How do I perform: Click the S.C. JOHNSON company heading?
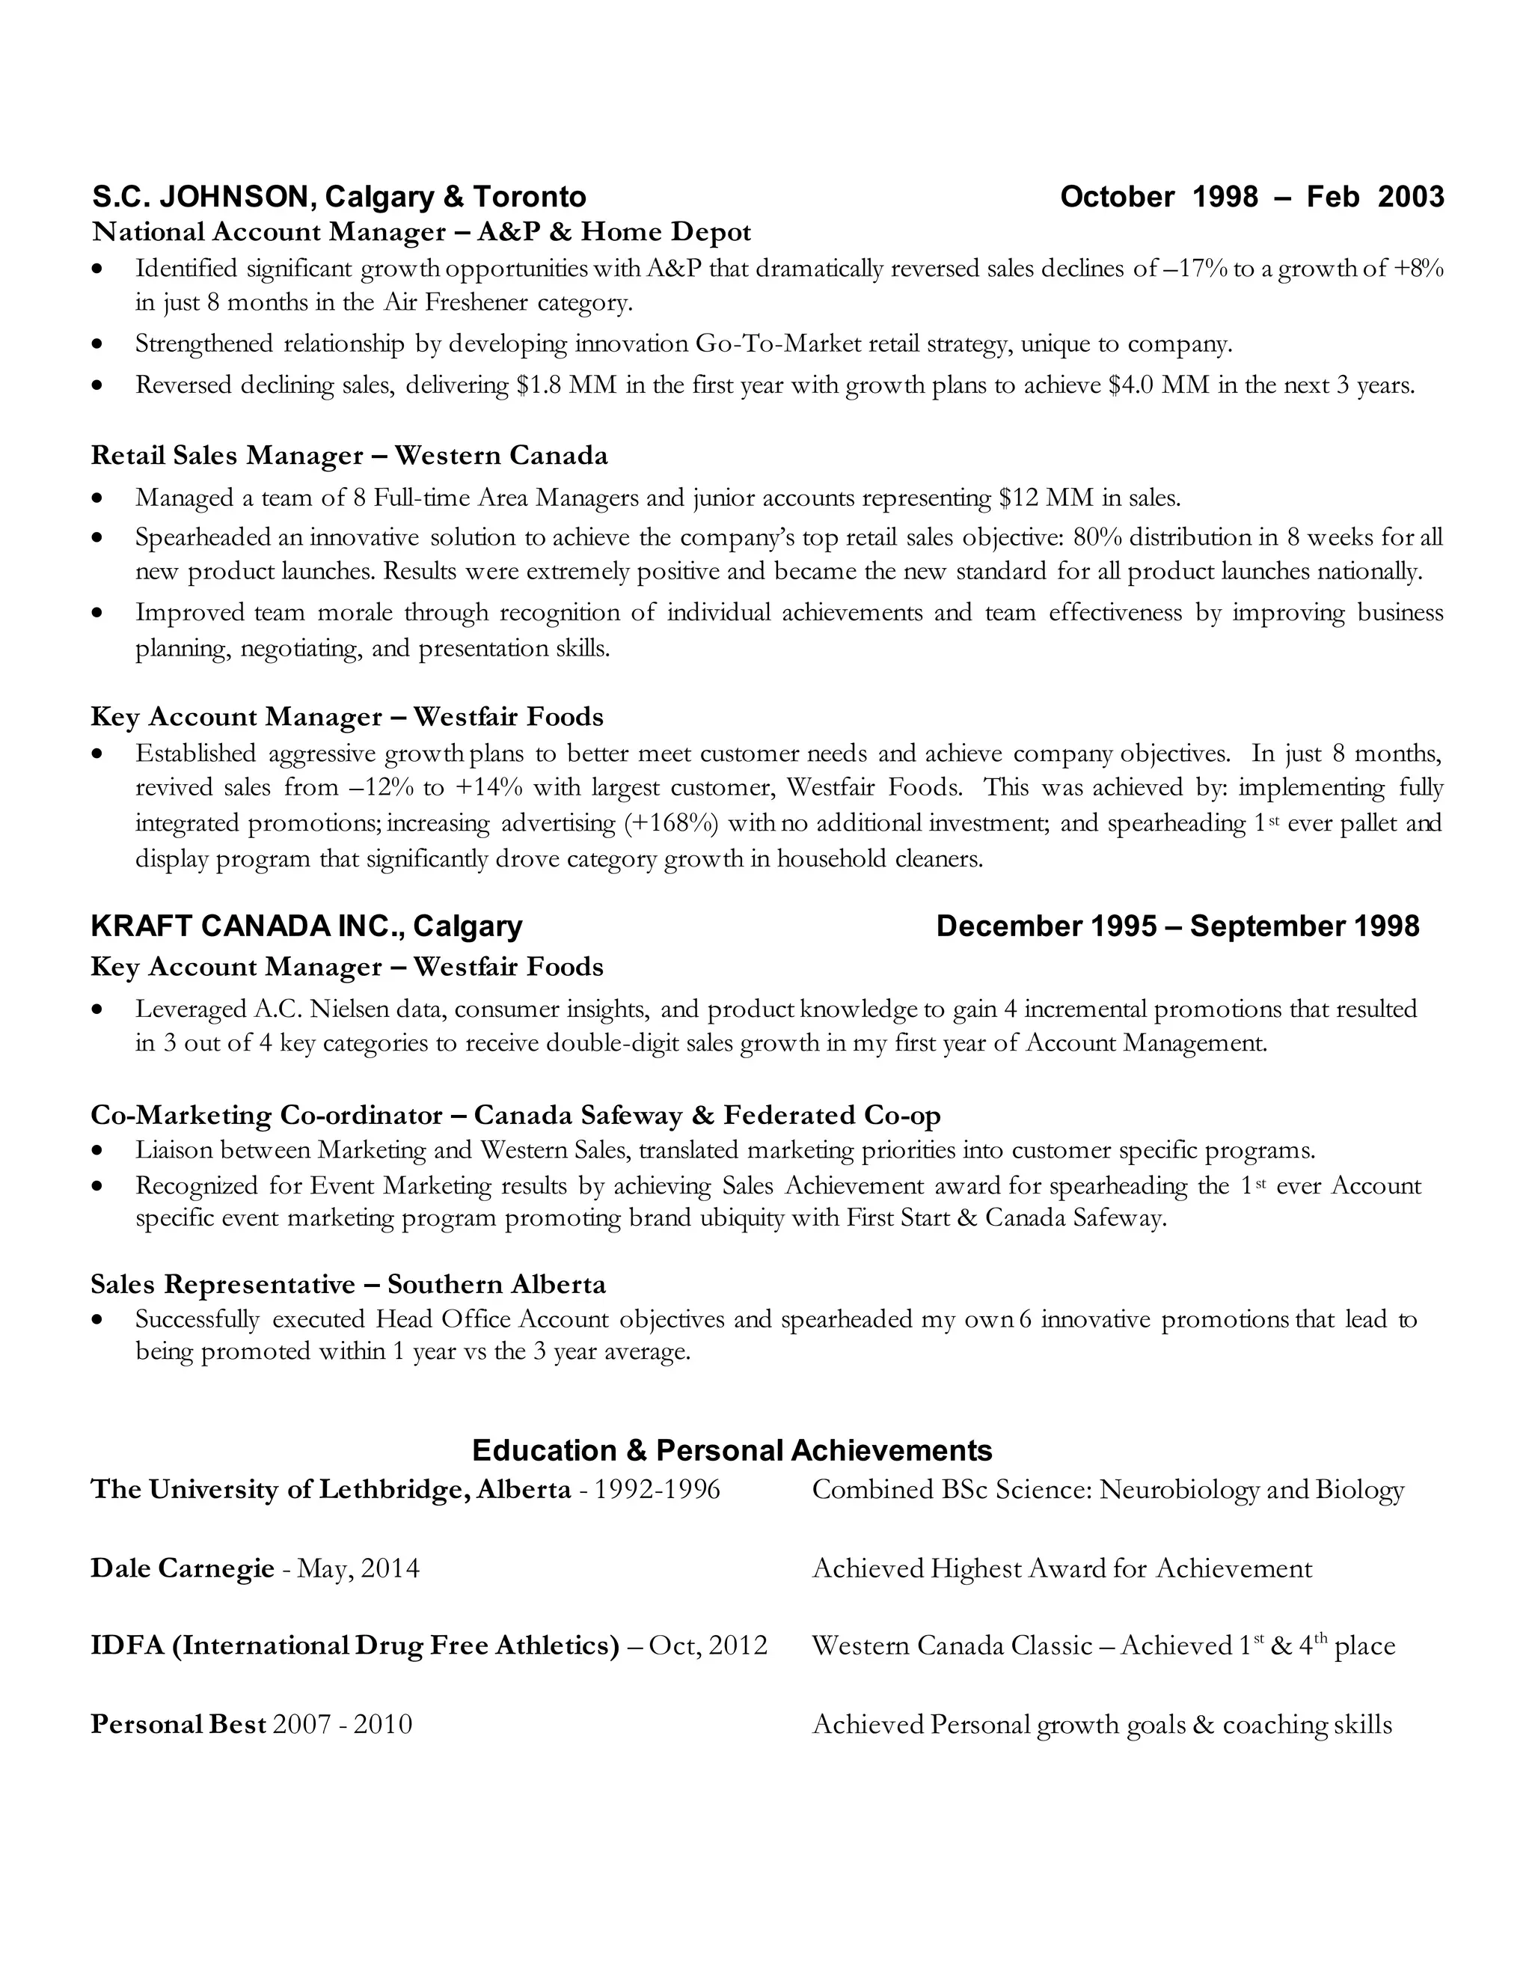point(339,197)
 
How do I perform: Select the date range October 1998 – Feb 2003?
point(1251,197)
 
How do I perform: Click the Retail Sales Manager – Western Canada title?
point(349,455)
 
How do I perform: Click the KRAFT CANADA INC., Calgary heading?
point(307,926)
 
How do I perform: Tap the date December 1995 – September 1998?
point(1177,926)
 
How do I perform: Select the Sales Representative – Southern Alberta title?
point(349,1284)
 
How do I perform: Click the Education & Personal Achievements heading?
point(732,1450)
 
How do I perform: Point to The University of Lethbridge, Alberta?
point(331,1489)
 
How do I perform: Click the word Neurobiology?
point(1179,1490)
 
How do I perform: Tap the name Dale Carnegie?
point(183,1568)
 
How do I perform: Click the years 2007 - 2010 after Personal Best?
point(342,1723)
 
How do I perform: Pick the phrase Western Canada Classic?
point(952,1646)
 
